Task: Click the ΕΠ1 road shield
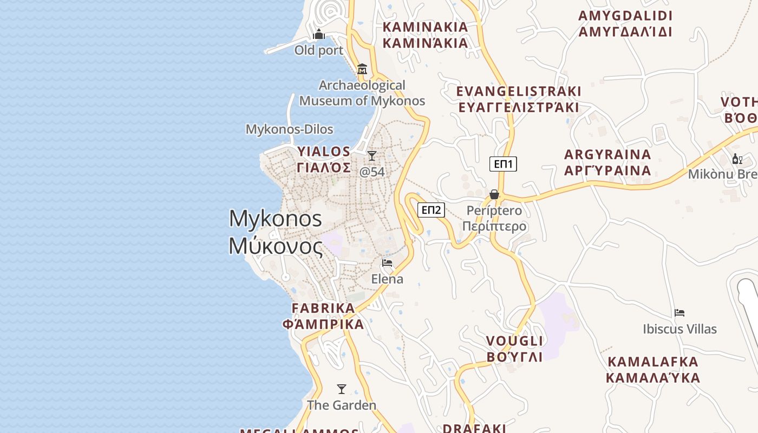click(x=503, y=164)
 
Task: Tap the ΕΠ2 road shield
click(x=431, y=210)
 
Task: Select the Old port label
click(x=319, y=50)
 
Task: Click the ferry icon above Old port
click(x=319, y=35)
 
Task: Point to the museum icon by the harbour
click(x=362, y=69)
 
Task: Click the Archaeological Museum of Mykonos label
click(x=362, y=93)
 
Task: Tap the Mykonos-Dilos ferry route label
click(x=289, y=129)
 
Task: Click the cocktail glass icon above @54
click(x=372, y=156)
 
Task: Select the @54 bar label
click(x=372, y=172)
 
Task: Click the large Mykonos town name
click(x=276, y=232)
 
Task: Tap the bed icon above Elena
click(x=387, y=263)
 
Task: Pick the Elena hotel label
click(x=387, y=279)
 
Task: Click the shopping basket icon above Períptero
click(x=494, y=194)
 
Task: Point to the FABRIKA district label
click(x=323, y=316)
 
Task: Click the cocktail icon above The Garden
click(x=342, y=389)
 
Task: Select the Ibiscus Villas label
click(x=679, y=329)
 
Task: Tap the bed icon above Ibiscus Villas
click(x=679, y=313)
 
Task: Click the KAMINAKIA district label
click(x=425, y=35)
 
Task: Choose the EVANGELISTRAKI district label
click(x=519, y=99)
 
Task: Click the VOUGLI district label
click(x=514, y=349)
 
